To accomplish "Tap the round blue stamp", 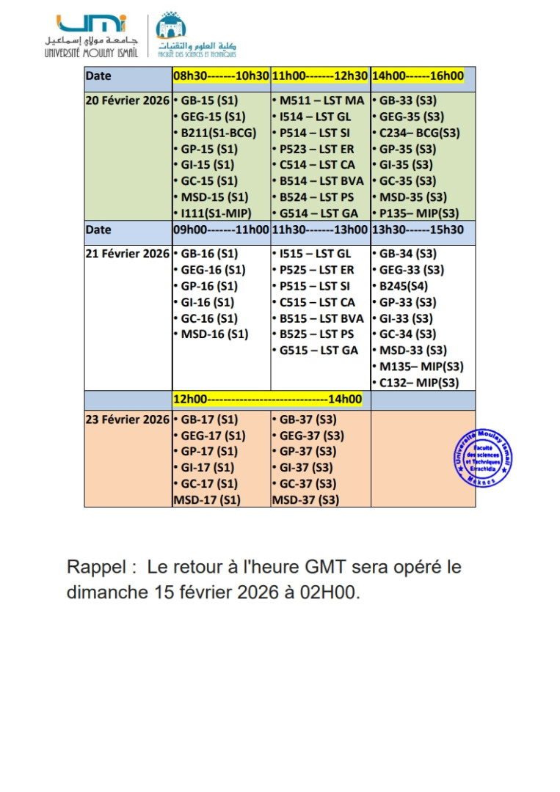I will (482, 457).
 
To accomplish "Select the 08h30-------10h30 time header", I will (221, 76).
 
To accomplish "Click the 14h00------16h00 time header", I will (418, 76).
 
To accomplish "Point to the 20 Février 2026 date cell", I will (128, 100).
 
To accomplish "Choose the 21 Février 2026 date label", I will (128, 254).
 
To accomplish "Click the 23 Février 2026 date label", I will (128, 419).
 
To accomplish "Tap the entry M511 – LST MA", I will (318, 100).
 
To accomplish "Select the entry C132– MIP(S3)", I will (416, 383).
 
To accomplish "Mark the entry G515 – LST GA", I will (316, 351).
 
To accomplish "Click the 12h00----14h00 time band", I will (268, 400).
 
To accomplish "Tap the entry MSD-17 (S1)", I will (207, 500).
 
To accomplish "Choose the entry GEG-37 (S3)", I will (308, 436).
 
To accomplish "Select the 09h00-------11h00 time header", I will (221, 230).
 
